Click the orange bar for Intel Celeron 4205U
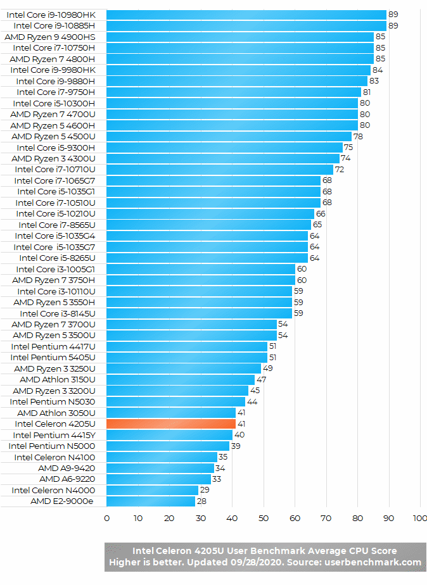click(x=171, y=424)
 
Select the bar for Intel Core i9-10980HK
click(x=246, y=15)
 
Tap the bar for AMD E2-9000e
click(x=151, y=501)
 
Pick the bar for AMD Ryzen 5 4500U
click(x=229, y=136)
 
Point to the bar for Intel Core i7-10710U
click(x=219, y=170)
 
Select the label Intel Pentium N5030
click(x=53, y=401)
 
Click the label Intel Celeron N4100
click(x=54, y=457)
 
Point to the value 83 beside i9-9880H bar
click(x=374, y=81)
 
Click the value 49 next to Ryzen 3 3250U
click(x=267, y=368)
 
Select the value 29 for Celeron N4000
click(x=205, y=490)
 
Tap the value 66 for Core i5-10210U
click(x=321, y=214)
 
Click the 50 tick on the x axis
click(x=264, y=519)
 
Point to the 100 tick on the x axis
click(x=419, y=519)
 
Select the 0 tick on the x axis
click(x=106, y=519)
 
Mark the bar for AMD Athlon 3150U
click(x=180, y=379)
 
